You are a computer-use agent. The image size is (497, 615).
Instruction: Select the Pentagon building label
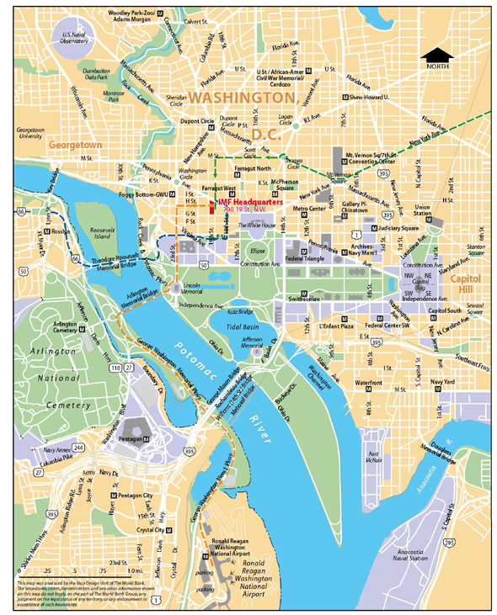(134, 440)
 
